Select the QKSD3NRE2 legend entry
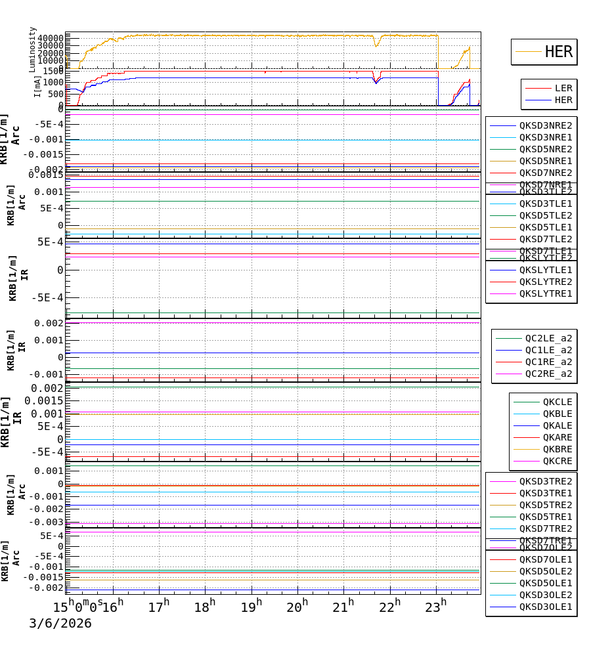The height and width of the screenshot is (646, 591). click(545, 125)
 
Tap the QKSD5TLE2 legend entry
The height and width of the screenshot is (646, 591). click(545, 215)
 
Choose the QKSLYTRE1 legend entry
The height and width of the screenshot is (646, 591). click(545, 293)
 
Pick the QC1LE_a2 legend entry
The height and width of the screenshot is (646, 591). click(548, 350)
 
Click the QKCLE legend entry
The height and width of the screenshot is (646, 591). click(557, 402)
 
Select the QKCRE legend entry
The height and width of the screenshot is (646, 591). click(557, 461)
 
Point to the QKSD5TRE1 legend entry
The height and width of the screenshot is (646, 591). click(545, 517)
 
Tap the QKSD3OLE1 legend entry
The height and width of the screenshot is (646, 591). click(545, 607)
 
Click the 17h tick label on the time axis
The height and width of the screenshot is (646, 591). click(158, 607)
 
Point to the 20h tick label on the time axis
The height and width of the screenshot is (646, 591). click(297, 607)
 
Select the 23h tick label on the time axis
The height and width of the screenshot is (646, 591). click(435, 607)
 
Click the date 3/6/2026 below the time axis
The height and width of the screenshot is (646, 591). click(60, 624)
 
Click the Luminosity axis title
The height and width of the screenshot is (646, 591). click(32, 49)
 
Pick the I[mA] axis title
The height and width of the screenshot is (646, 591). click(37, 86)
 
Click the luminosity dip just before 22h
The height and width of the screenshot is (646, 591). click(376, 45)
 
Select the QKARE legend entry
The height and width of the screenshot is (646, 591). click(557, 437)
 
